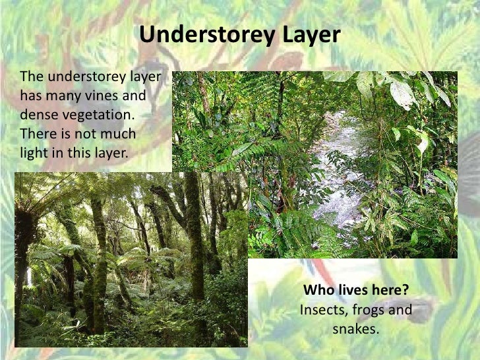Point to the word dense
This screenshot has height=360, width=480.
tap(40, 116)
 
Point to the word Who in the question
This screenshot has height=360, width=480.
tap(316, 291)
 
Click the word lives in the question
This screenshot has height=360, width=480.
tap(351, 291)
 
